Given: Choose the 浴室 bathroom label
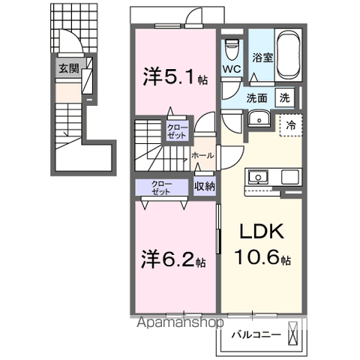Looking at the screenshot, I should [262, 57].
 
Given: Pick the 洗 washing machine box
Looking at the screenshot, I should [285, 96].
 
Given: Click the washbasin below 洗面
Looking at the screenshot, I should [258, 118].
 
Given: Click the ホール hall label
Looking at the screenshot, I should [202, 155].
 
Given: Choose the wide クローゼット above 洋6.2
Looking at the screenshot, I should [161, 187].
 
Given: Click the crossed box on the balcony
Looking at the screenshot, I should [294, 334].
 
